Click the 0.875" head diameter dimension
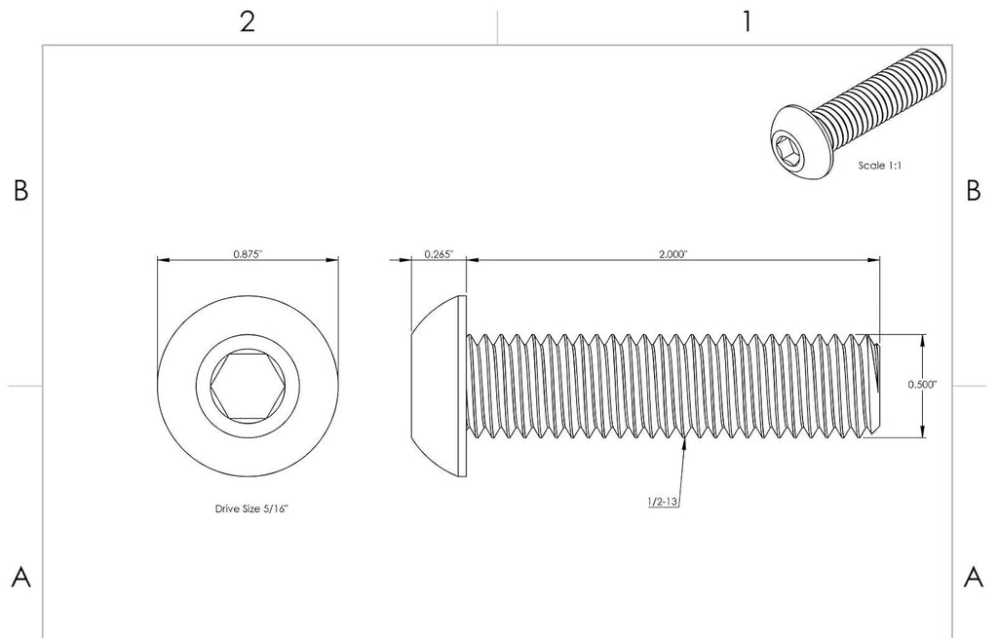click(x=248, y=254)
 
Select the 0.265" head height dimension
click(x=440, y=254)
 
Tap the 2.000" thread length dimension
click(x=673, y=254)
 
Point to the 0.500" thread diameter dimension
click(x=922, y=384)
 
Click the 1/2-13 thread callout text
click(x=663, y=502)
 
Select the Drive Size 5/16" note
click(x=251, y=508)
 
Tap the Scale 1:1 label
click(x=880, y=166)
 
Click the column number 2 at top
click(x=248, y=22)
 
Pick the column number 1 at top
click(x=748, y=22)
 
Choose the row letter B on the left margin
click(x=21, y=190)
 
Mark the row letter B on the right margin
click(x=974, y=190)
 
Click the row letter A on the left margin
click(x=21, y=578)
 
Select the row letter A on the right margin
click(x=974, y=578)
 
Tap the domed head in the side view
click(x=439, y=386)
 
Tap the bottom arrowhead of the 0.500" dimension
click(x=923, y=432)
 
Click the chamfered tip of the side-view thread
click(x=876, y=386)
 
